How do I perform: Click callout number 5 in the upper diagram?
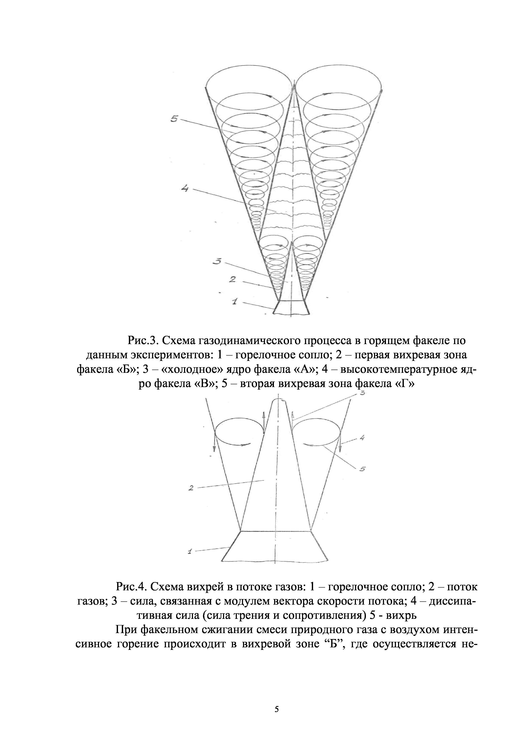coord(174,119)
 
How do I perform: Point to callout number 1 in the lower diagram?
coord(190,551)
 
